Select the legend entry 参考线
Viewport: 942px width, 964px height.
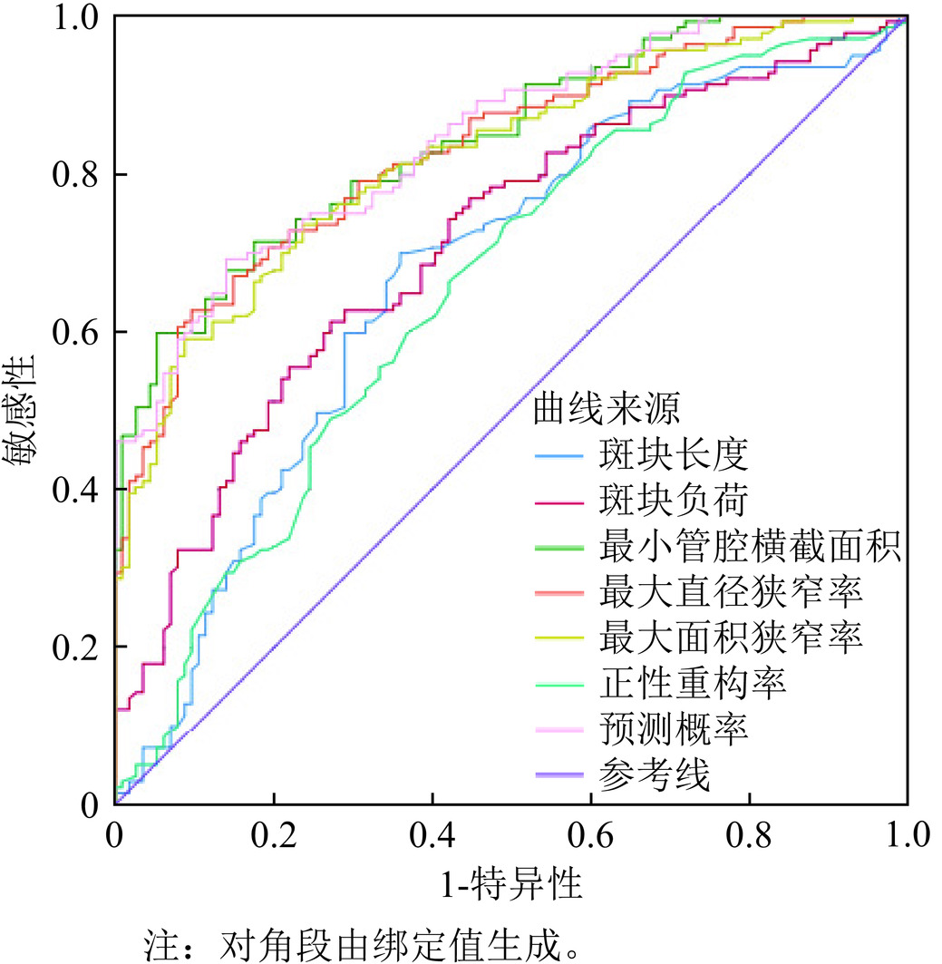[655, 775]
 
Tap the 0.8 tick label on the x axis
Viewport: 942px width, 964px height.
[749, 835]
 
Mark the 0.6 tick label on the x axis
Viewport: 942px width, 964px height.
[590, 835]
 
